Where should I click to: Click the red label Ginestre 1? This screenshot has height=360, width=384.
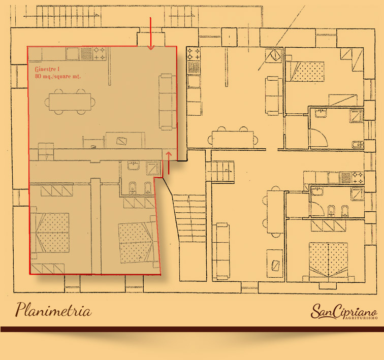click(47, 69)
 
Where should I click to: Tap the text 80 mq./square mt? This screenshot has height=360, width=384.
click(58, 76)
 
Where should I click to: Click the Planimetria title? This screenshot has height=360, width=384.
click(54, 310)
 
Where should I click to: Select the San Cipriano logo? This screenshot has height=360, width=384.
click(344, 311)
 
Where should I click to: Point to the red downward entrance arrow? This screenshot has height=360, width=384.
click(151, 34)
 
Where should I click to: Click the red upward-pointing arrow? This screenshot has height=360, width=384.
click(169, 163)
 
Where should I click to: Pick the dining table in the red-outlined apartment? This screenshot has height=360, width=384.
click(70, 102)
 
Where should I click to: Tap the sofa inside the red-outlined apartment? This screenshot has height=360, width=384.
click(168, 102)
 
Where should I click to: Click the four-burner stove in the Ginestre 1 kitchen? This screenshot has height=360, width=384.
click(100, 54)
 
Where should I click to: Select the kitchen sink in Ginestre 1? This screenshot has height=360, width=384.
click(73, 54)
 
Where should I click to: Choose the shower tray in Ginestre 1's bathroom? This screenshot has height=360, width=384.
click(153, 168)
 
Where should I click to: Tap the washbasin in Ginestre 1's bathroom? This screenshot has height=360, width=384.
click(134, 165)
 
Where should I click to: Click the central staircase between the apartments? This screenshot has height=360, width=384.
click(190, 218)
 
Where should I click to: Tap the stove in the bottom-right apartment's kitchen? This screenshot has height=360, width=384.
click(357, 178)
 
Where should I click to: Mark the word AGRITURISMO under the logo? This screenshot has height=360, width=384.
click(362, 318)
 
